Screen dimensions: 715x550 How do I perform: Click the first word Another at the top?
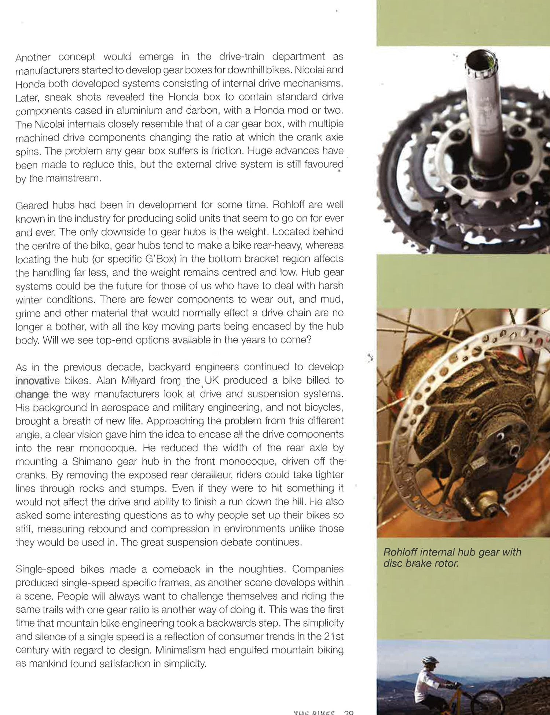click(x=33, y=57)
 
